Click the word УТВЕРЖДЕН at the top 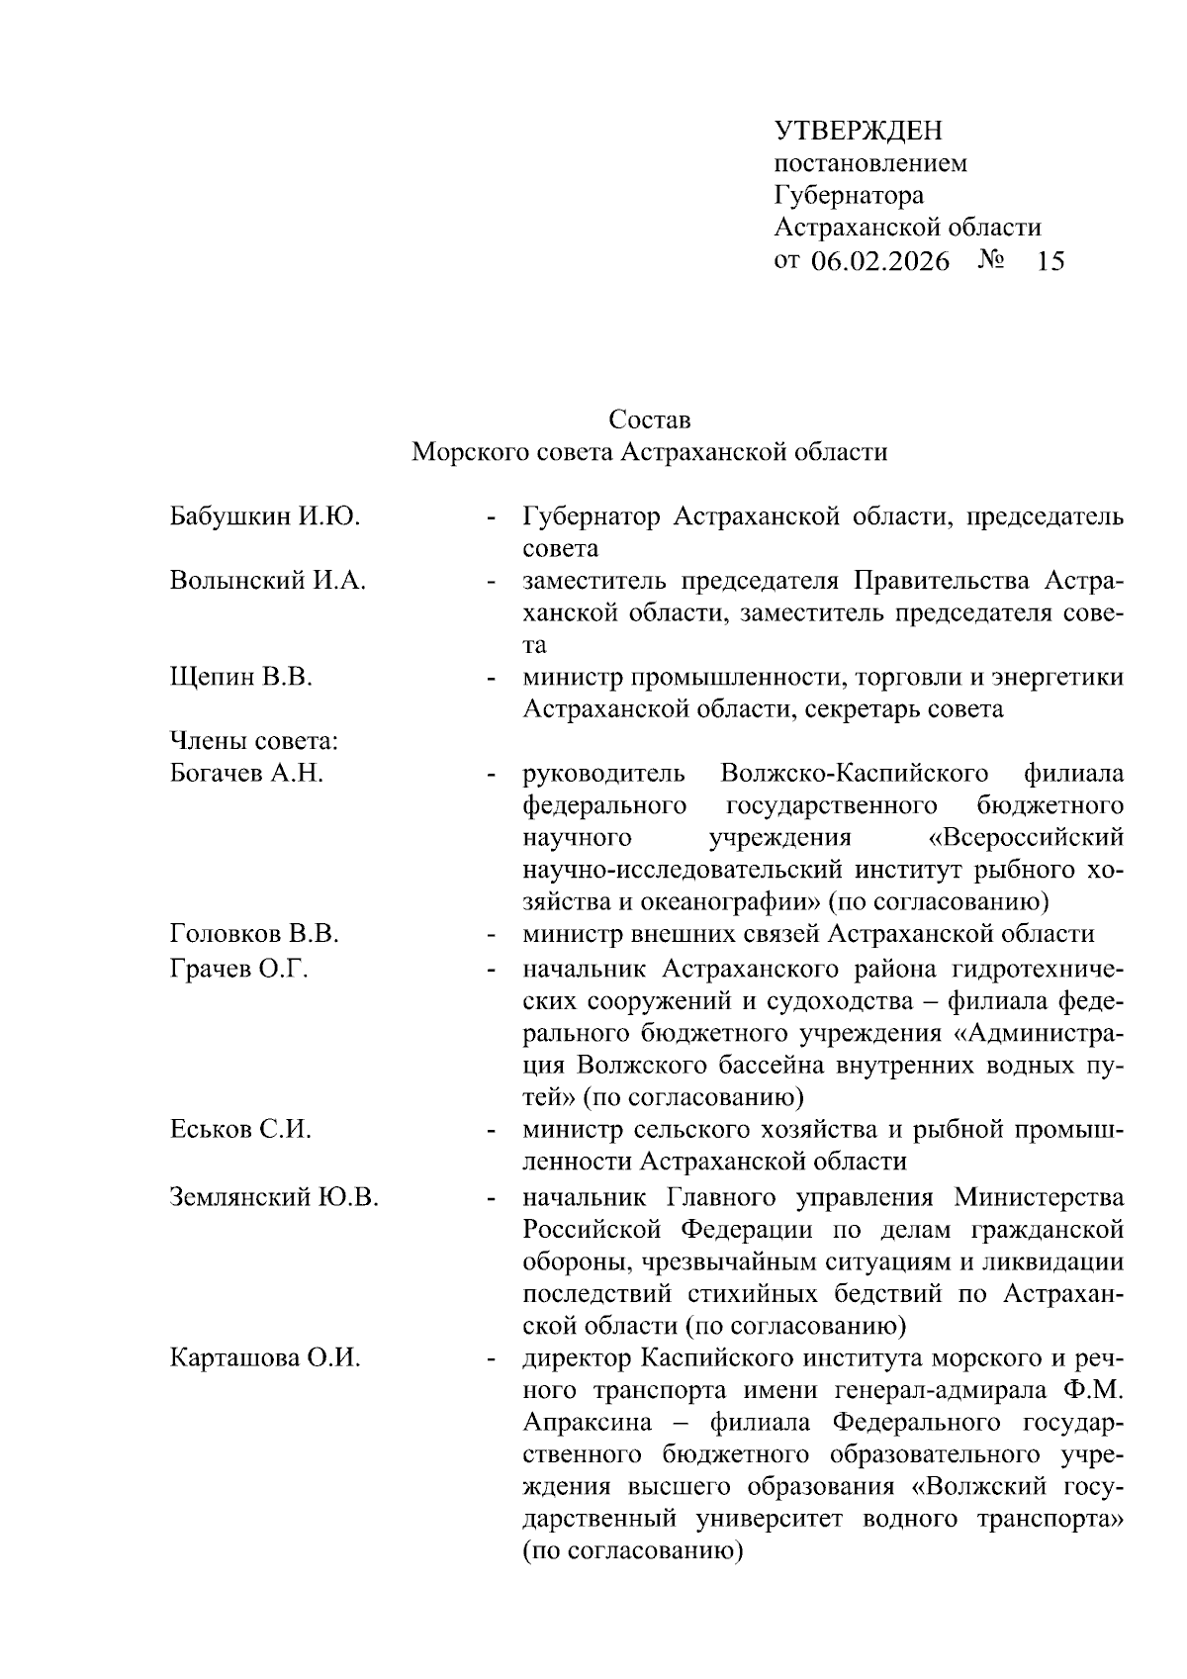pos(858,131)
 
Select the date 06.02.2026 pos(879,261)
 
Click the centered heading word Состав pos(650,420)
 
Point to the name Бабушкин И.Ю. pos(264,516)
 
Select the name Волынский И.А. pos(268,581)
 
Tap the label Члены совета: pos(255,741)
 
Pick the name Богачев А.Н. pos(247,774)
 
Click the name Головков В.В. pos(254,934)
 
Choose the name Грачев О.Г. pos(239,969)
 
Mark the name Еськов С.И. pos(240,1130)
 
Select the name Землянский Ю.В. pos(275,1198)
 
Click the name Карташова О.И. pos(265,1358)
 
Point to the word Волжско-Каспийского pos(855,773)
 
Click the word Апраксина pos(588,1422)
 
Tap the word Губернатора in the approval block pos(849,195)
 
